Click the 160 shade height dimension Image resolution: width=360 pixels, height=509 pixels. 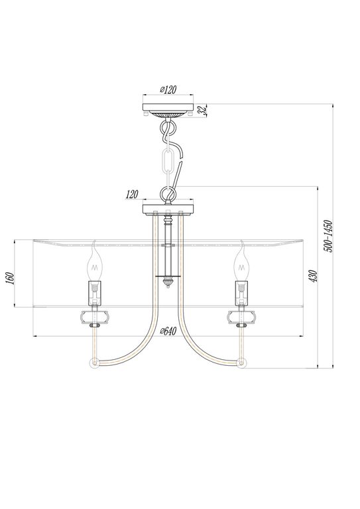[11, 274]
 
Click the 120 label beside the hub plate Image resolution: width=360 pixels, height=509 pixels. [131, 195]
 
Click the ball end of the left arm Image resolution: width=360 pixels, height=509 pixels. [94, 363]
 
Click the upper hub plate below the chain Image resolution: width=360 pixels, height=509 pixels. [167, 210]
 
